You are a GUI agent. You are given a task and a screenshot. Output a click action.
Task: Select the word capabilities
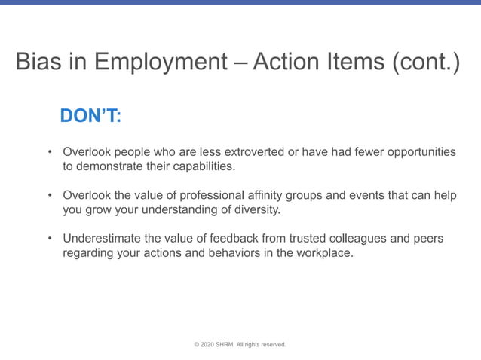click(198, 166)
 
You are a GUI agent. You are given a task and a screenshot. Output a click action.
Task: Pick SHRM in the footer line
click(225, 345)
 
